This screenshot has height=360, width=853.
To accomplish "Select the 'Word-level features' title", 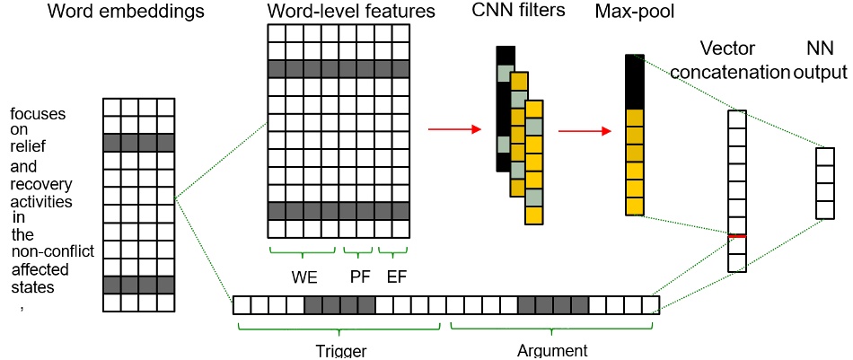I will (x=339, y=13).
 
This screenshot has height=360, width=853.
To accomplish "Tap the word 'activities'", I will (x=41, y=200).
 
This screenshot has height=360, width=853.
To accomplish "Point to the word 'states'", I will (x=33, y=287).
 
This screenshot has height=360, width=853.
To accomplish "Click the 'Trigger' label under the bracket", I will (x=340, y=350).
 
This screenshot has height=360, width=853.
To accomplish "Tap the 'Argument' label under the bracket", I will (x=552, y=350).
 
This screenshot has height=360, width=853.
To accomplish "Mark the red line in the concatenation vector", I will (x=736, y=235).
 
